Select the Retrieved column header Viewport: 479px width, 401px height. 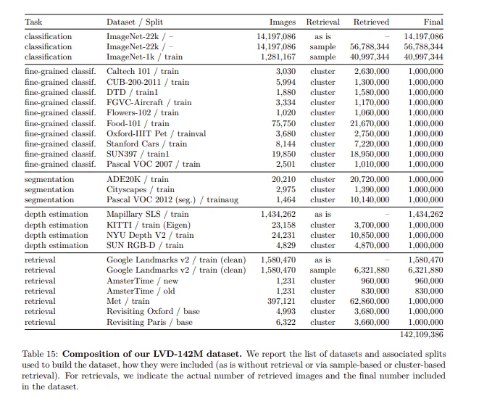pos(371,22)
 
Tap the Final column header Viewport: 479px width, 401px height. pos(433,22)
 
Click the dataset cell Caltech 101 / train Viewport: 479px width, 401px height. pos(143,72)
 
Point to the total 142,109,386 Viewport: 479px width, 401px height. pos(421,334)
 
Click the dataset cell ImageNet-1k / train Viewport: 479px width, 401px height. pos(144,57)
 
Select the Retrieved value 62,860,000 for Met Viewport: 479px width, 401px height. pos(370,301)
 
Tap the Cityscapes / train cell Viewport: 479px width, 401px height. pos(141,189)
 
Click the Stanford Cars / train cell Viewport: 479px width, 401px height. pos(146,144)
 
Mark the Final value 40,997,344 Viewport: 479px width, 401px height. pos(423,57)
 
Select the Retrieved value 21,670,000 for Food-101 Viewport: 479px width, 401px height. pos(370,123)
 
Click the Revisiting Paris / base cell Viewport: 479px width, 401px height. pos(149,322)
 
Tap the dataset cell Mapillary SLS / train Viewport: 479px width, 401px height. pos(148,215)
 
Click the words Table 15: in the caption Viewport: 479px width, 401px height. pos(44,352)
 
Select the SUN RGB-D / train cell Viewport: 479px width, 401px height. pos(144,245)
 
